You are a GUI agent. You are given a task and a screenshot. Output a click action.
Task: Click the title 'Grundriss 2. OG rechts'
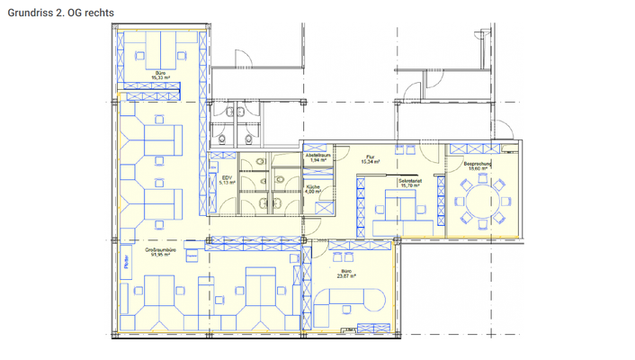[x=59, y=13]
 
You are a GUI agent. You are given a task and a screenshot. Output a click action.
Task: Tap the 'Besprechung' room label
[x=478, y=162]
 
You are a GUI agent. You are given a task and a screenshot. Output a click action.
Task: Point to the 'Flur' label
[x=370, y=157]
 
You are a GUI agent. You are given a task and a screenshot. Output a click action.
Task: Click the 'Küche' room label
[x=312, y=186]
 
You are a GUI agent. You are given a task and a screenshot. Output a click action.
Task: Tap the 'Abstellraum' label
[x=318, y=155]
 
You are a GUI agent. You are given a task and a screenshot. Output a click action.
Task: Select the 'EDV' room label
[x=227, y=177]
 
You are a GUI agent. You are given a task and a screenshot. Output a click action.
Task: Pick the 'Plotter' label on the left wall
[x=127, y=265]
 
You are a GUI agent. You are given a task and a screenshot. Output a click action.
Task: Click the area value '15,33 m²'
[x=160, y=78]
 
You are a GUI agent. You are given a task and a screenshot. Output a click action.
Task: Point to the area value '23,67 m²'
[x=346, y=275]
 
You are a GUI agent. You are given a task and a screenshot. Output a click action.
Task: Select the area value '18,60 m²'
[x=478, y=167]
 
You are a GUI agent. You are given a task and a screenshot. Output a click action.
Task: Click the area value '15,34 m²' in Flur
[x=370, y=162]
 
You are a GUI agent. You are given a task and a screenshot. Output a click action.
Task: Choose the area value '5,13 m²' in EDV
[x=227, y=183]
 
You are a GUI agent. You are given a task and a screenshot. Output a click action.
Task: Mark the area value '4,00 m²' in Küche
[x=312, y=192]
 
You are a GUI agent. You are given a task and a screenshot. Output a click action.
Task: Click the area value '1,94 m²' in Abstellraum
[x=318, y=160]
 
